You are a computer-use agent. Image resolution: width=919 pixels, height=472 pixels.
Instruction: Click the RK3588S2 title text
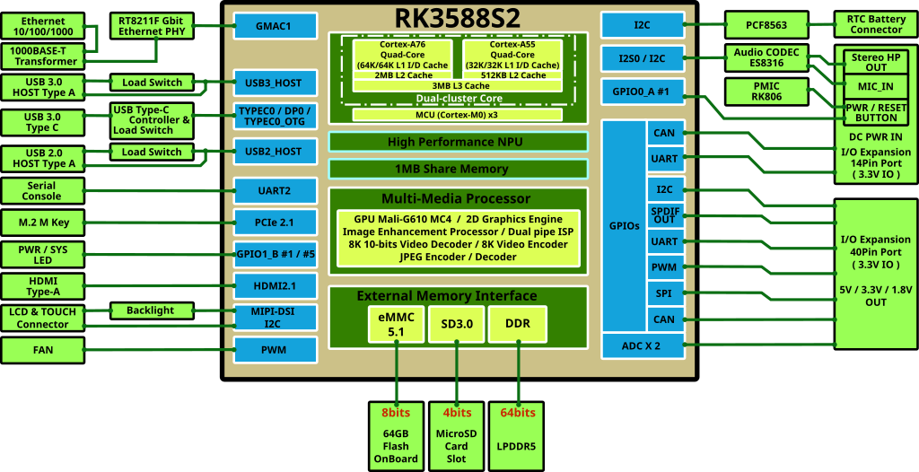coord(458,17)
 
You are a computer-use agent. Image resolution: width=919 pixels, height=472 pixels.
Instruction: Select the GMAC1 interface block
coord(276,26)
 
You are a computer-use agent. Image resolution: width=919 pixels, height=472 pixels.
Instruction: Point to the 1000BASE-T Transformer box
coord(43,56)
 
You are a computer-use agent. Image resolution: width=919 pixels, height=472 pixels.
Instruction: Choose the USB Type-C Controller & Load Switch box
coord(150,119)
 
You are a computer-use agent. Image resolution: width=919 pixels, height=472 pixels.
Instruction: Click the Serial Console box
coord(42,190)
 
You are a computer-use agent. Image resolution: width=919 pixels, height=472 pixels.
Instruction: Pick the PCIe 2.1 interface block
coord(276,222)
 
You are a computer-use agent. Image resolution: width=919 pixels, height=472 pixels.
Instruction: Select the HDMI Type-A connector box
coord(42,286)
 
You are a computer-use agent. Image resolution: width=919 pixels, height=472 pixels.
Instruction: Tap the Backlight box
coord(150,310)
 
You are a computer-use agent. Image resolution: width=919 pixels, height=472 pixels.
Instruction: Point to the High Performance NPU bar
coord(458,142)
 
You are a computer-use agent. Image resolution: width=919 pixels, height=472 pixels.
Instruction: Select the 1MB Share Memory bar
coord(458,169)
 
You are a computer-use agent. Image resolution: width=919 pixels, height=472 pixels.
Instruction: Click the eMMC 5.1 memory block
coord(396,324)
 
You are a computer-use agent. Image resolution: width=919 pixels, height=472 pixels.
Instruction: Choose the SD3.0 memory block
coord(457,324)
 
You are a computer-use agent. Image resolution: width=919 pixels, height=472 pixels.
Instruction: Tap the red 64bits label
coord(518,412)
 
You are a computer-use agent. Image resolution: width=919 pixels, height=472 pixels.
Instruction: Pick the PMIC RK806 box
coord(766,92)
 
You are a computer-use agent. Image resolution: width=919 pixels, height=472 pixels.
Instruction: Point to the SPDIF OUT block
coord(664,214)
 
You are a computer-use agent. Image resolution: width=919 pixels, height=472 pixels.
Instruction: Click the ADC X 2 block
coord(642,345)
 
